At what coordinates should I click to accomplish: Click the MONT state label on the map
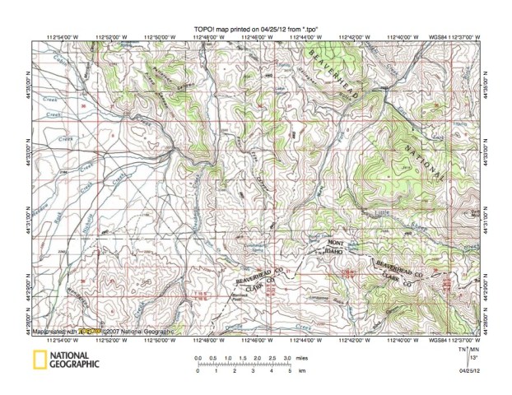click(336, 244)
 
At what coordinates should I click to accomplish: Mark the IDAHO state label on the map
click(336, 253)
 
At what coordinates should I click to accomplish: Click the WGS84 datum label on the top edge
click(456, 37)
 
